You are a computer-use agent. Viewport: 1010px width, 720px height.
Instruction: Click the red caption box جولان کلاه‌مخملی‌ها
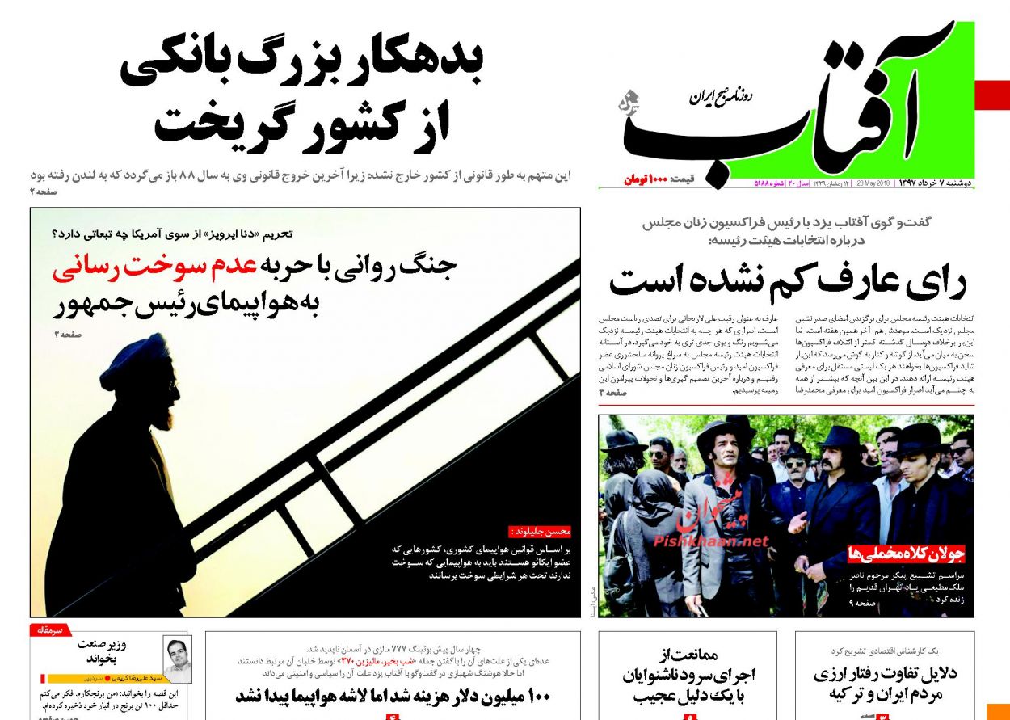[x=906, y=554]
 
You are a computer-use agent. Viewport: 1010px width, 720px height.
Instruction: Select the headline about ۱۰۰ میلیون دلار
[x=393, y=696]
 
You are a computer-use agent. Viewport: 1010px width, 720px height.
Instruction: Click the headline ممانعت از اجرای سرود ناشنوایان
[x=688, y=677]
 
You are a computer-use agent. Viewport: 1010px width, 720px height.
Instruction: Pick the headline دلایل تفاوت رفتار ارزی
[x=885, y=684]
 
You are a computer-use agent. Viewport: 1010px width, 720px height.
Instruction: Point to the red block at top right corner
[x=992, y=95]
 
